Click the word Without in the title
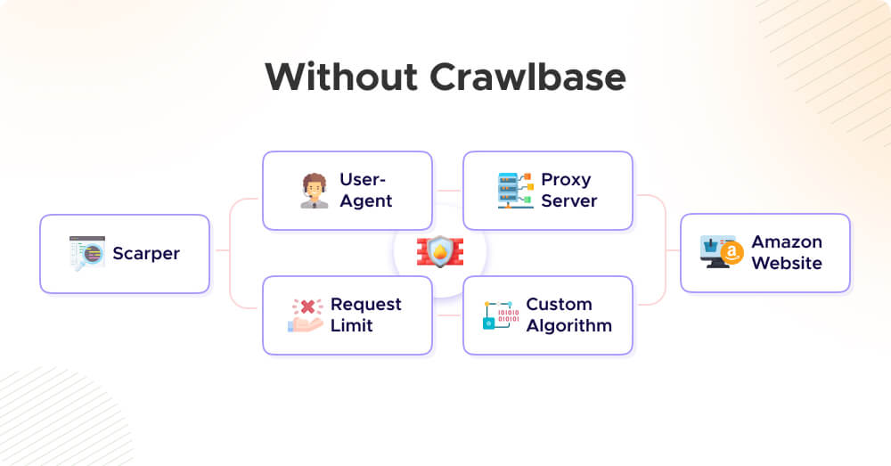(341, 78)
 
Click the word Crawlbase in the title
(528, 78)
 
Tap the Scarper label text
(146, 254)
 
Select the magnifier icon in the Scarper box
(87, 254)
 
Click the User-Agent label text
(366, 190)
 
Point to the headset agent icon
(314, 191)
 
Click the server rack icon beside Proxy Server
(515, 191)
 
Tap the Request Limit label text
(365, 315)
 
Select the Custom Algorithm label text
(568, 315)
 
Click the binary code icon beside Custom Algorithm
(499, 315)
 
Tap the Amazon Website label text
(787, 252)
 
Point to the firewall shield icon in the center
(440, 252)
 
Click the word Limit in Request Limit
(352, 325)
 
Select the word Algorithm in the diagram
(568, 325)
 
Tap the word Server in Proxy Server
(568, 200)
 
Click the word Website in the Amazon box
(787, 263)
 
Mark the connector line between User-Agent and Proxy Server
(447, 191)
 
